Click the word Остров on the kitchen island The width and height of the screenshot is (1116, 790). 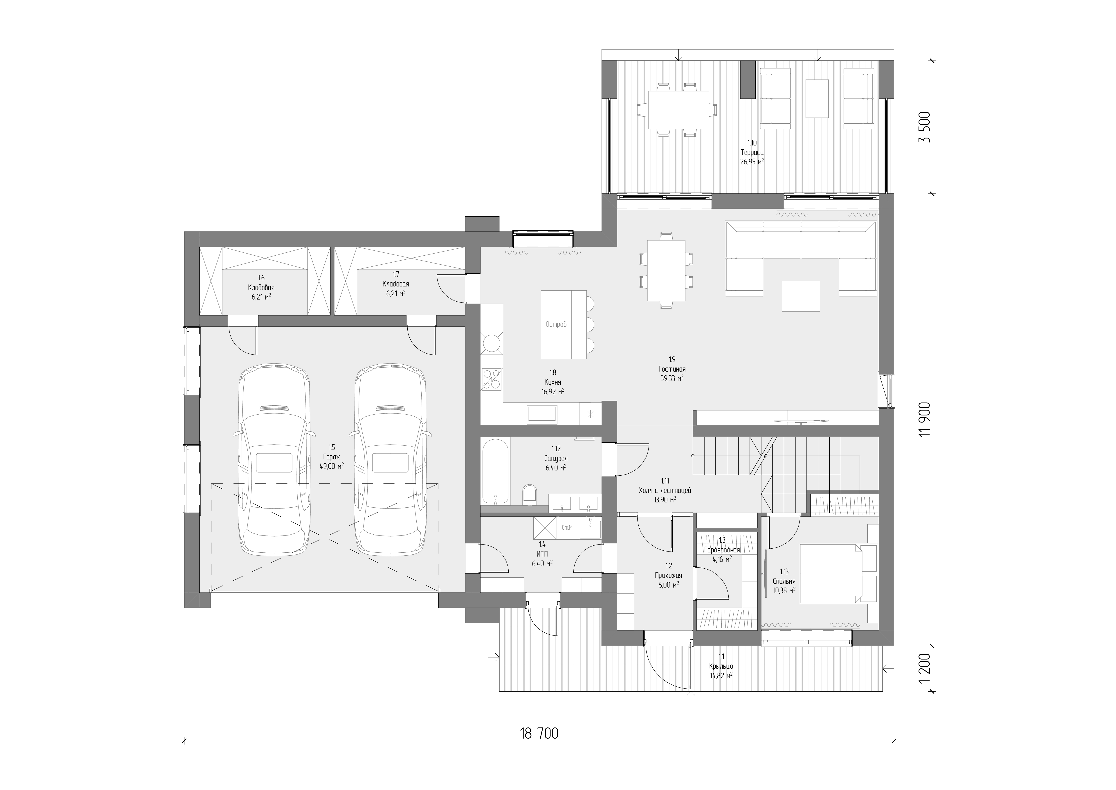[x=556, y=324]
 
